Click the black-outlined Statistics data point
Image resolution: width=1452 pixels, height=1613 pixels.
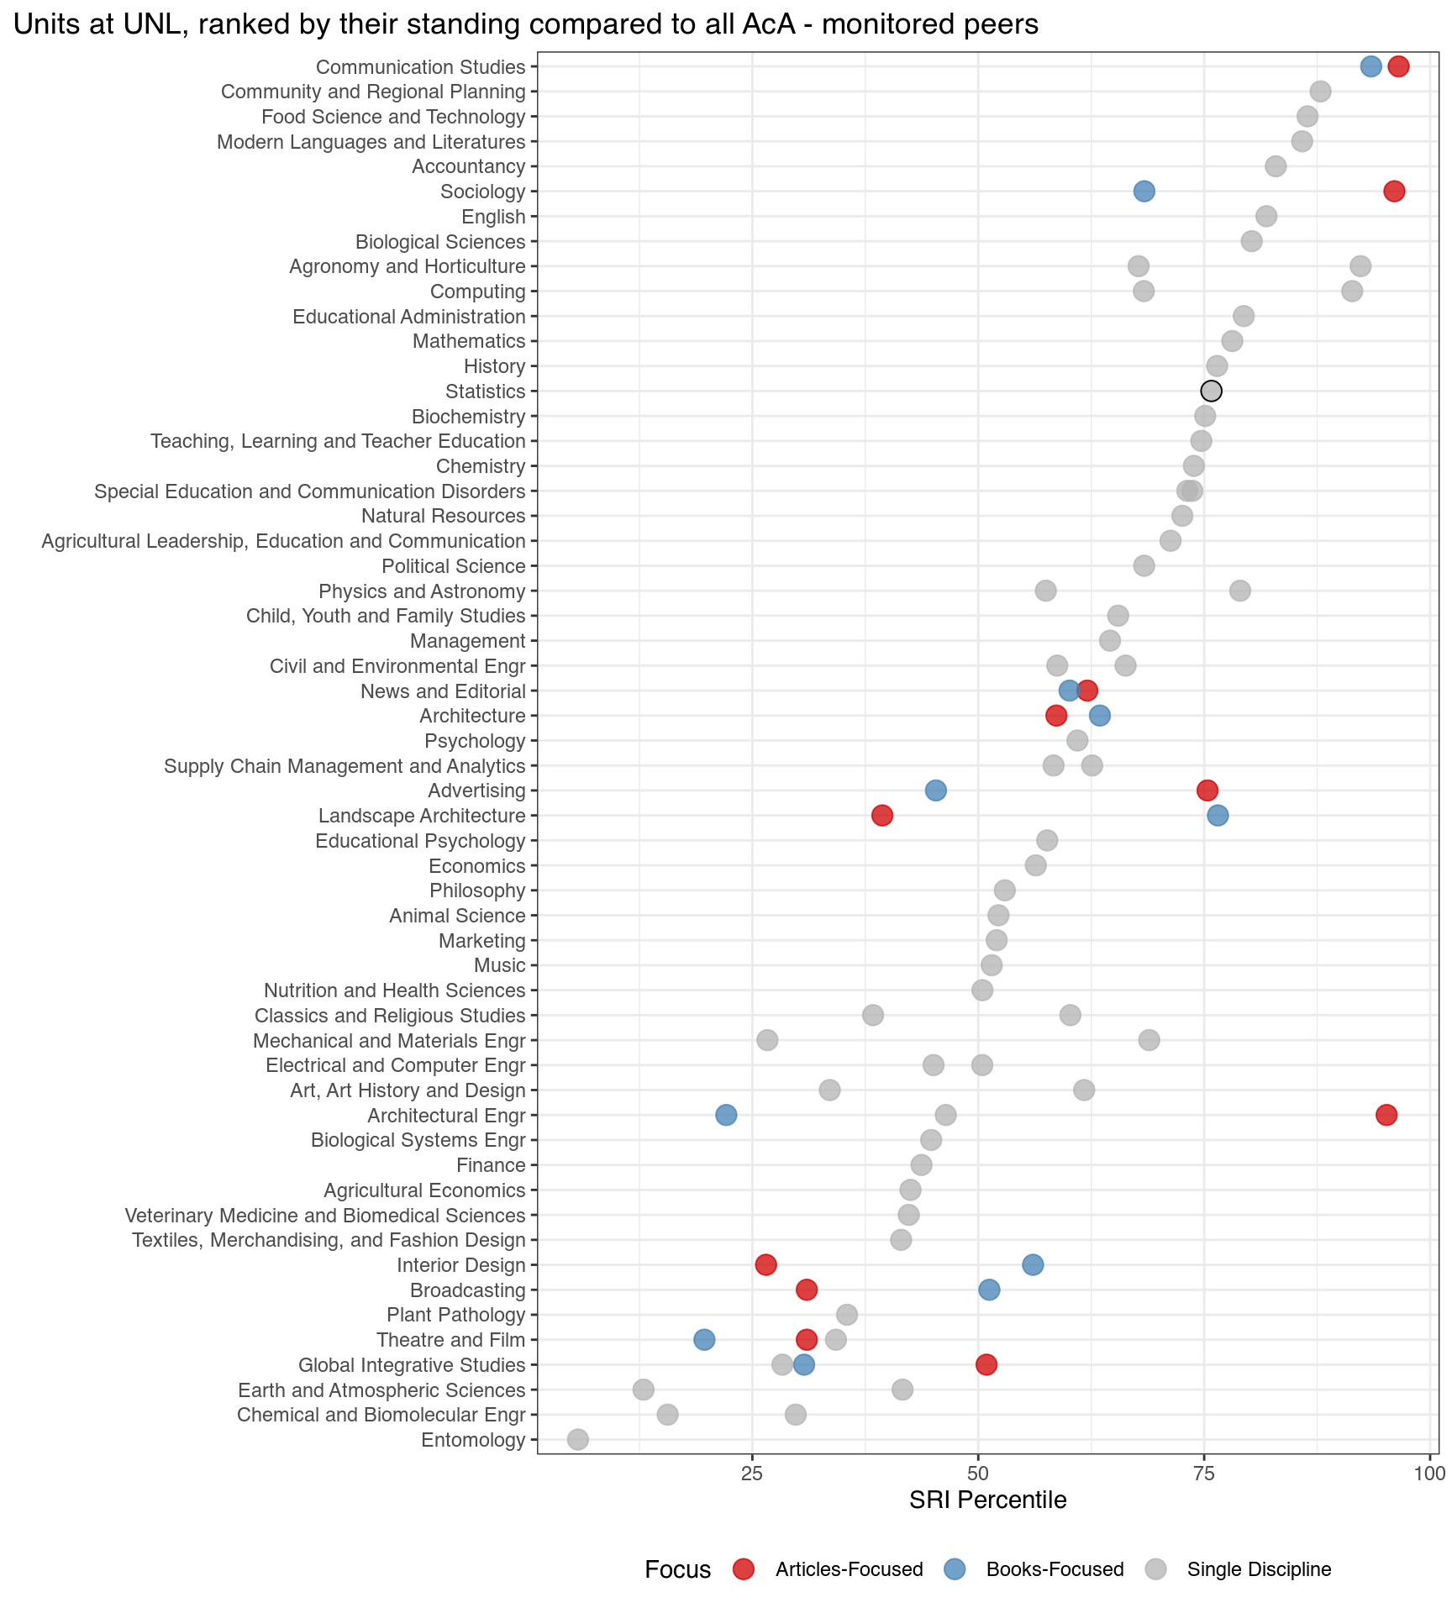click(1211, 391)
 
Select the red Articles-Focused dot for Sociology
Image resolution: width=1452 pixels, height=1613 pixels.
click(1394, 192)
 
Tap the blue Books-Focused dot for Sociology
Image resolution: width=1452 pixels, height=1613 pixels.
click(1144, 192)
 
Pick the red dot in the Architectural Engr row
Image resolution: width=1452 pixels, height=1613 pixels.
click(1386, 1115)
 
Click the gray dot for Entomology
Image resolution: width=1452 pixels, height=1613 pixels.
click(578, 1440)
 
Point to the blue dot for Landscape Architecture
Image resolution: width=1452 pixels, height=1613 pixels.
click(1218, 815)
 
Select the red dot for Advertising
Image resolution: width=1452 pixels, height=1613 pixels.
click(1207, 791)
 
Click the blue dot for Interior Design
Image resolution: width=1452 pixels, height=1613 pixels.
click(1033, 1264)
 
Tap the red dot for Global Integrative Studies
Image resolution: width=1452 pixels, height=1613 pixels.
click(986, 1364)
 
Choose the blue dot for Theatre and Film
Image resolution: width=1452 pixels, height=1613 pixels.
click(704, 1340)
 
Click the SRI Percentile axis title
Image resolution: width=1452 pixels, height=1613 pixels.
click(987, 1500)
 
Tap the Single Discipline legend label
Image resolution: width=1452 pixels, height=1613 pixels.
click(1259, 1569)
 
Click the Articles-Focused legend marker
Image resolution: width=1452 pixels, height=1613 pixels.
click(744, 1569)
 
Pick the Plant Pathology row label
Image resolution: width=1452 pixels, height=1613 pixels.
click(455, 1315)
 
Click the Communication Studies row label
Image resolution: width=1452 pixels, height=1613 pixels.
click(420, 67)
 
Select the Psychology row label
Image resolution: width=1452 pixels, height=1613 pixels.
click(475, 741)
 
